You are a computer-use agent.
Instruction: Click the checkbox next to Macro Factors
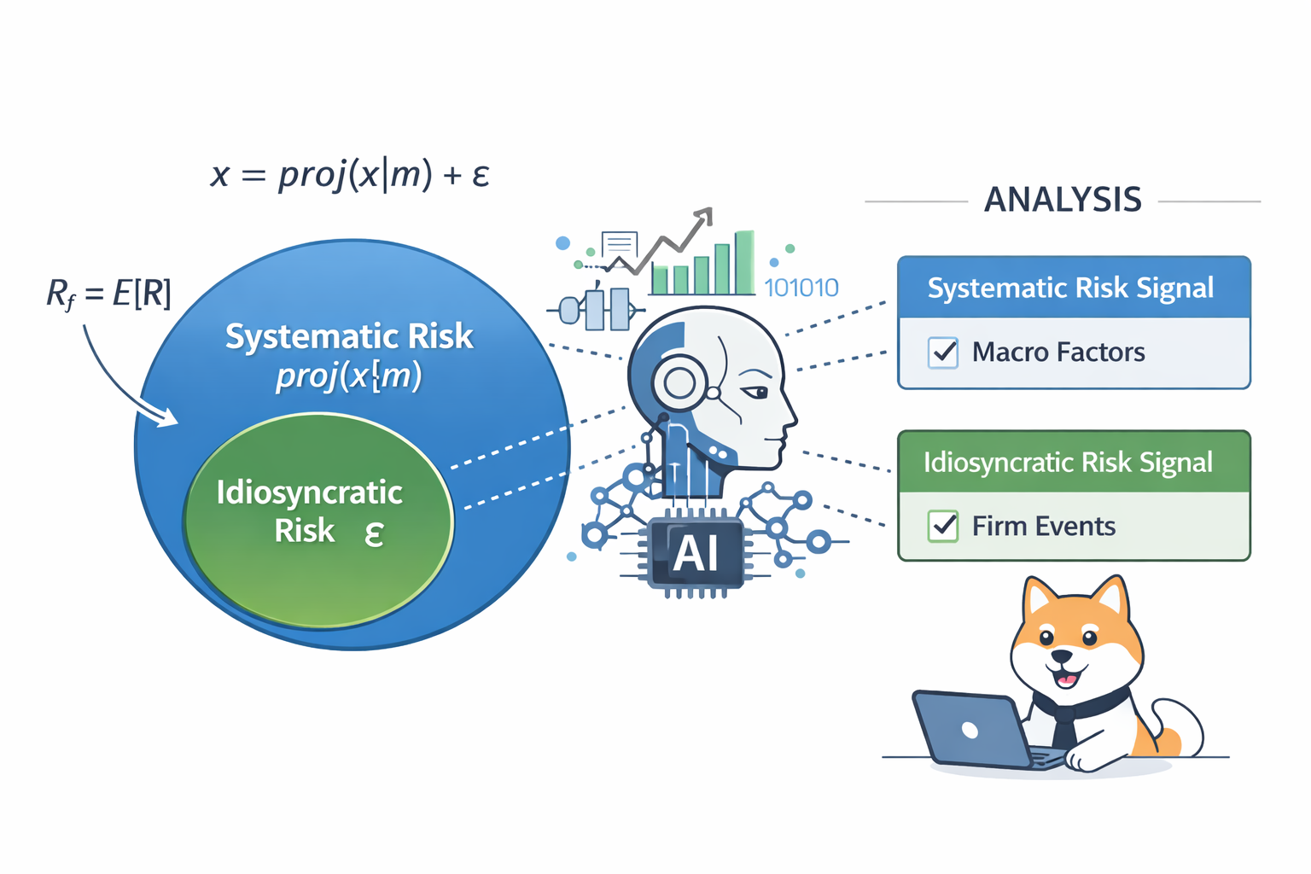pos(943,352)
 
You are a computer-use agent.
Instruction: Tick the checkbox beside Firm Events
pos(943,526)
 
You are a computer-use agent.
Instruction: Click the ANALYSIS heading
pos(1063,200)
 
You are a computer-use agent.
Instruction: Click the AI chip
pos(696,553)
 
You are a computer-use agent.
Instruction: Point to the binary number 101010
pos(801,288)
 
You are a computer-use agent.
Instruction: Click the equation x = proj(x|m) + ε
pos(350,175)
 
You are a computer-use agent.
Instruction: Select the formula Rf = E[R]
pos(108,294)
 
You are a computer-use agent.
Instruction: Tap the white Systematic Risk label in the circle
pos(348,336)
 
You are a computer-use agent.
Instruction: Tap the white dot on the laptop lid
pos(970,729)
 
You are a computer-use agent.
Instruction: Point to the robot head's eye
pos(756,392)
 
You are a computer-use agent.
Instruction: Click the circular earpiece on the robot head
pos(680,383)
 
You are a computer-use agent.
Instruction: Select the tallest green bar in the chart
pos(744,262)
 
